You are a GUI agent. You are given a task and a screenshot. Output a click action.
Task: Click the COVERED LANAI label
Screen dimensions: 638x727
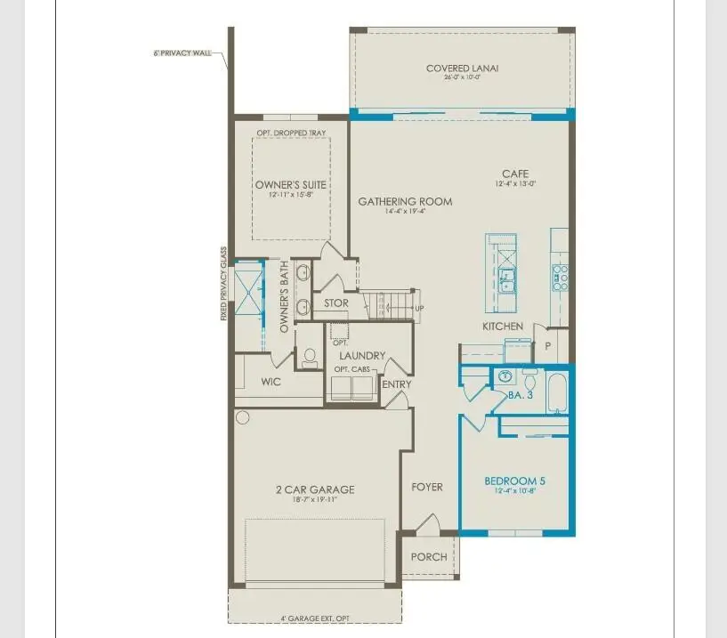coord(460,69)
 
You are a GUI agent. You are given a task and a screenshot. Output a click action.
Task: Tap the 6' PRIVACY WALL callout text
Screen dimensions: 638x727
coord(182,53)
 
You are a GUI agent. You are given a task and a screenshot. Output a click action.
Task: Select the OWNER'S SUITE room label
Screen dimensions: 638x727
coord(291,185)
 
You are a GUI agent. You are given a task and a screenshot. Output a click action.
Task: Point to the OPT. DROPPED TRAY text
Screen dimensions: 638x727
coord(291,133)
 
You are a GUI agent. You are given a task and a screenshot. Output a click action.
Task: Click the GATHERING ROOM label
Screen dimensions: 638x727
coord(405,202)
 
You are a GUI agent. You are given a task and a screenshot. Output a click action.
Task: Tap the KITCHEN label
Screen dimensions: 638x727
coord(503,327)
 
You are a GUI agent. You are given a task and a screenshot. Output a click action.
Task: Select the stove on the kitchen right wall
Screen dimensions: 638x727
coord(561,277)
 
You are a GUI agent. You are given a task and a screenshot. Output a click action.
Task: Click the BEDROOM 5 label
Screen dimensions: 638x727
coord(514,482)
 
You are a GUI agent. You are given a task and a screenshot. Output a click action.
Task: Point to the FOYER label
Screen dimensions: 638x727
coord(426,487)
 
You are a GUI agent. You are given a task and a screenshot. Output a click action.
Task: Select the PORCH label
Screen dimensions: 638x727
coord(429,557)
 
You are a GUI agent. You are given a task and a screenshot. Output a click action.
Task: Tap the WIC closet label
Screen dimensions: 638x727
coord(271,382)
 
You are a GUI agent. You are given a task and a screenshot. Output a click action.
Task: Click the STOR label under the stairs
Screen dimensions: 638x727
coord(335,303)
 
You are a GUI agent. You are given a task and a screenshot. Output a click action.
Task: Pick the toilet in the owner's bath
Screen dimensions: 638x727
coord(310,358)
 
